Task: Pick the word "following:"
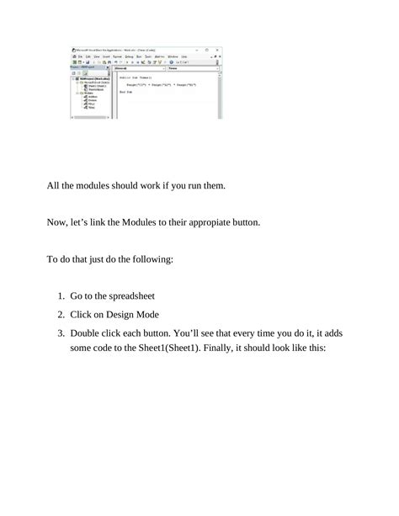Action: point(149,260)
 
